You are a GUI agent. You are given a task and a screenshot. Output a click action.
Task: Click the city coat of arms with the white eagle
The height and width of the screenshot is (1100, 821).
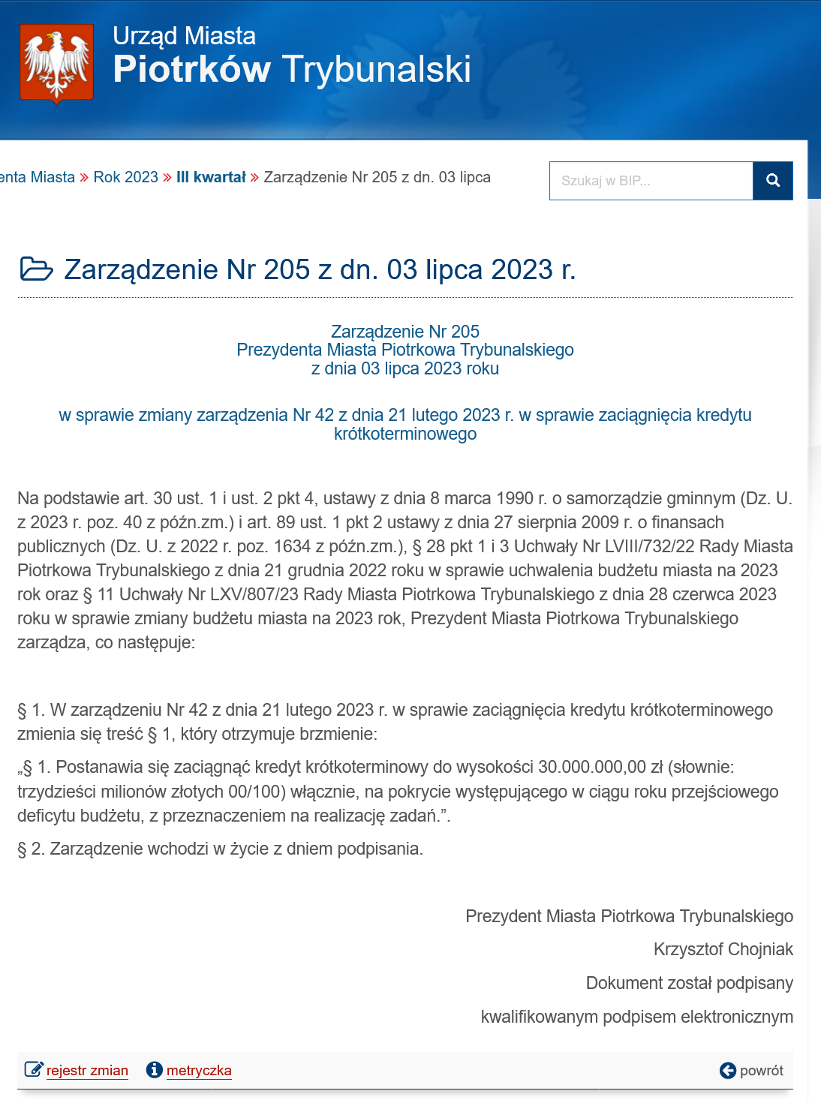[56, 63]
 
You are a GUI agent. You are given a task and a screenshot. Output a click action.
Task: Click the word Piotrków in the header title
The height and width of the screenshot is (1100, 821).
[191, 69]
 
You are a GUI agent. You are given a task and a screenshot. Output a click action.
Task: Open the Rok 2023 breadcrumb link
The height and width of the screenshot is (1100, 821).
[125, 177]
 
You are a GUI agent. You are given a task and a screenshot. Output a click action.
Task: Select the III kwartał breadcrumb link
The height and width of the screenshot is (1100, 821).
[211, 177]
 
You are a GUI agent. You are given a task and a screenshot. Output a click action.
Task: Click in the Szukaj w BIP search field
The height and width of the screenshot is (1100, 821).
[651, 181]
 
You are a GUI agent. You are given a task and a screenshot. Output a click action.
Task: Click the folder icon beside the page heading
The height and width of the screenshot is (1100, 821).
[36, 269]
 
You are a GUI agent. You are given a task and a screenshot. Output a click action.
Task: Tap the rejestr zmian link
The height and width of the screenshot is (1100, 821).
[87, 1071]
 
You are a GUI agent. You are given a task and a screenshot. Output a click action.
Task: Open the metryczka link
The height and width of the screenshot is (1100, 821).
[199, 1071]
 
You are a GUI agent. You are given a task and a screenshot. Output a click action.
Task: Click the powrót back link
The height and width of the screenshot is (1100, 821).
[761, 1071]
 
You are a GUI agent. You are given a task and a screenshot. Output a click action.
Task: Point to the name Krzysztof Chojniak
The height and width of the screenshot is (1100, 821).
[723, 949]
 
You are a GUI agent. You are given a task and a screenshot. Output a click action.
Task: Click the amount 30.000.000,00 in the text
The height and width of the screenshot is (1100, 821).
[591, 767]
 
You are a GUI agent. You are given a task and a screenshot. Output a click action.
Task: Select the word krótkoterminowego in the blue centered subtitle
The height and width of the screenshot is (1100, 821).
[405, 434]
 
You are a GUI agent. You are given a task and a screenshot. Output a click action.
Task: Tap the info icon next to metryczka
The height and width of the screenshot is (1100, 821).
[155, 1070]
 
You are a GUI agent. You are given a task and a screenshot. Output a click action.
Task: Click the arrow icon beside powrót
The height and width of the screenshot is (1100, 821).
[727, 1071]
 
